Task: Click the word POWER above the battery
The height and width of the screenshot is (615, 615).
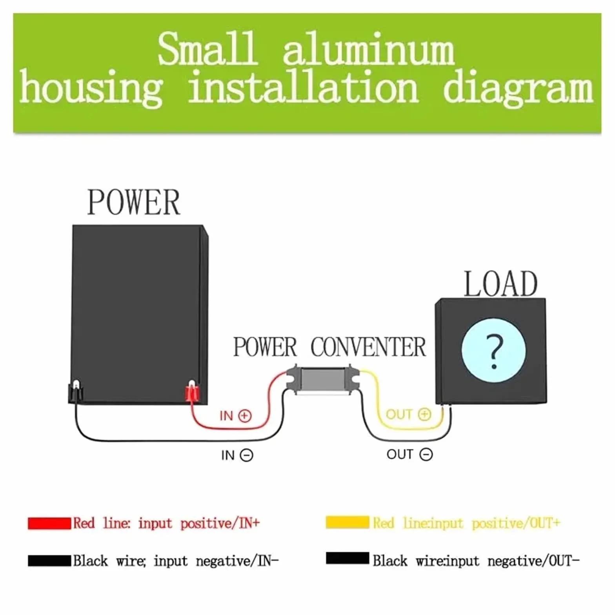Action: click(x=134, y=202)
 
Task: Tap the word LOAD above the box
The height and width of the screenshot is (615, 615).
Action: click(x=500, y=284)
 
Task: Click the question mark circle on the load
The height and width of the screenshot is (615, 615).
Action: click(x=493, y=351)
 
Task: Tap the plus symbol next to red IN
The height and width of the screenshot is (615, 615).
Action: click(x=245, y=416)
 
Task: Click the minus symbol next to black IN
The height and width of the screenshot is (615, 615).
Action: click(x=246, y=455)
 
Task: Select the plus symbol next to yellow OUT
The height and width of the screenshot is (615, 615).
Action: click(x=424, y=415)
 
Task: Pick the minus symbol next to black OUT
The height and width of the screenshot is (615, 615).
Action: click(x=426, y=455)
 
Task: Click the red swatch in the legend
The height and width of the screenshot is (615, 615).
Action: click(x=49, y=523)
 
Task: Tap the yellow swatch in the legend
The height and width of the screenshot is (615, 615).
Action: click(x=348, y=522)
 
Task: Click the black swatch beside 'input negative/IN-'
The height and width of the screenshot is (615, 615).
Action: click(x=49, y=560)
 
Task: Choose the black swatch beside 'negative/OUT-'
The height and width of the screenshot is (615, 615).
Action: click(x=348, y=558)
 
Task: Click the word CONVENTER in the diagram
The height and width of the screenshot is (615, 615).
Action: click(x=368, y=347)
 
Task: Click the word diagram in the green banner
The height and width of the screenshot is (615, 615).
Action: click(x=518, y=89)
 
